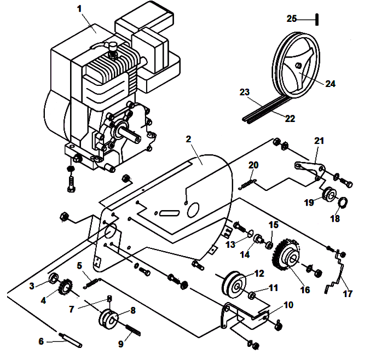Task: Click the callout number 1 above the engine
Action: pos(79,9)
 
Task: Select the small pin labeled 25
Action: pos(316,19)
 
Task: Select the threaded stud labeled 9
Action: pos(134,330)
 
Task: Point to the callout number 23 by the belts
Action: pos(244,92)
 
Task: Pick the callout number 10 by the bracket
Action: pos(288,304)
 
